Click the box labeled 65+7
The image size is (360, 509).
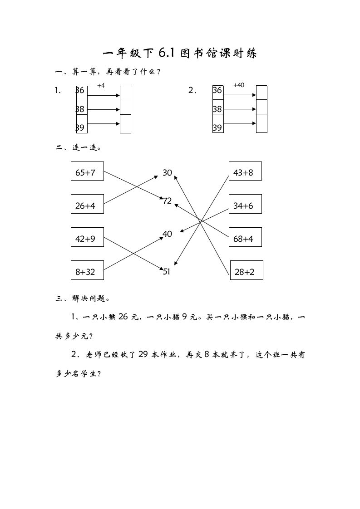pyautogui.click(x=87, y=171)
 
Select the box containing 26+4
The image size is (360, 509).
pyautogui.click(x=87, y=204)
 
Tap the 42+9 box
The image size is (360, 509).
pyautogui.click(x=87, y=237)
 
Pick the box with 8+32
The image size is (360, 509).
pyautogui.click(x=87, y=270)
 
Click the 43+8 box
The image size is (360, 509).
pyautogui.click(x=245, y=171)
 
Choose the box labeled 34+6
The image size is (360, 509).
pyautogui.click(x=245, y=204)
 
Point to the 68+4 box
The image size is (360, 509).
pyautogui.click(x=245, y=237)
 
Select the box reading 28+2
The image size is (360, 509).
pyautogui.click(x=247, y=270)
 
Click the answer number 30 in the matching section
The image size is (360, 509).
pyautogui.click(x=168, y=173)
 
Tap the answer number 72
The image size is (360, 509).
pyautogui.click(x=168, y=201)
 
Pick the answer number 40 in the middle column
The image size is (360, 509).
pyautogui.click(x=168, y=234)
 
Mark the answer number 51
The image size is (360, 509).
pyautogui.click(x=167, y=272)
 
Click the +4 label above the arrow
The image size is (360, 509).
pyautogui.click(x=101, y=85)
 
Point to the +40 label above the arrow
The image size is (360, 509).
pyautogui.click(x=238, y=85)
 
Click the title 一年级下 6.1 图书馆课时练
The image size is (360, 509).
pyautogui.click(x=180, y=54)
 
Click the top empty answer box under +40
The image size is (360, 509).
pyautogui.click(x=261, y=92)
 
